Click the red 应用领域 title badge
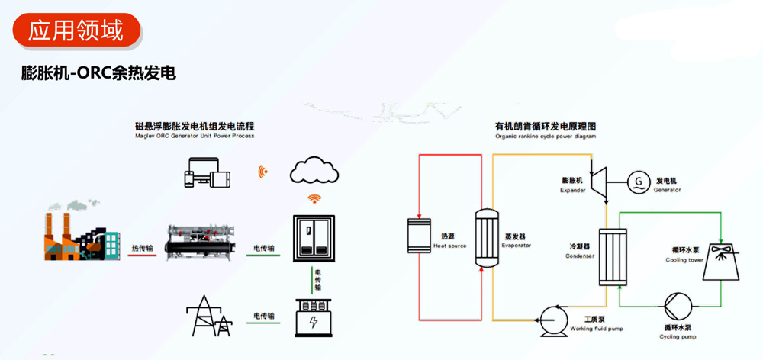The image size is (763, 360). click(x=76, y=30)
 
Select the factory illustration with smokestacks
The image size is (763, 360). click(x=81, y=233)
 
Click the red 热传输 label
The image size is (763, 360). click(x=142, y=249)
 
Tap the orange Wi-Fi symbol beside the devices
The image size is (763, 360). click(x=262, y=171)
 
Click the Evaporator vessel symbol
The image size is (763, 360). click(x=485, y=238)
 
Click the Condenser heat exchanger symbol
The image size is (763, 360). click(x=612, y=256)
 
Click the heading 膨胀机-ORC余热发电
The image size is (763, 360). click(x=99, y=74)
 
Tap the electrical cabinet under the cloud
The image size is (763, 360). click(x=314, y=239)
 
